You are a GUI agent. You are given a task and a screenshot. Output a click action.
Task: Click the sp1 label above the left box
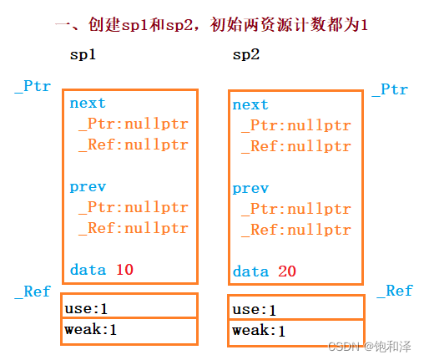[83, 55]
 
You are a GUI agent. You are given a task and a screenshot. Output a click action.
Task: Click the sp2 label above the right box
[246, 55]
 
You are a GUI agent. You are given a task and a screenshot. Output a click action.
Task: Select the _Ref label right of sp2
[394, 291]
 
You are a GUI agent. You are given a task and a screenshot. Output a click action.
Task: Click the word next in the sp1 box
[88, 104]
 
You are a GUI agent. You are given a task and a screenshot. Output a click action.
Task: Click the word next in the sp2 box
[250, 105]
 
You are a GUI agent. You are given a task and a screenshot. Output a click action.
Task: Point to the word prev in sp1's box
[88, 186]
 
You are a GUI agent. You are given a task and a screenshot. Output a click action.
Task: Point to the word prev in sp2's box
[250, 189]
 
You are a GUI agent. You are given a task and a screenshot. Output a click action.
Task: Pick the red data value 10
[124, 269]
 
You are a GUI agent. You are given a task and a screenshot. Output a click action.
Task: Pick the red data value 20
[287, 271]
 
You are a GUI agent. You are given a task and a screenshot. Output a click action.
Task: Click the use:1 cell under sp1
[130, 307]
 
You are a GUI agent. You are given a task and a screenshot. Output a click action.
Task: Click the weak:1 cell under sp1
[130, 330]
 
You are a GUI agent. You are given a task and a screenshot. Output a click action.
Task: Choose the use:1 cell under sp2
[295, 309]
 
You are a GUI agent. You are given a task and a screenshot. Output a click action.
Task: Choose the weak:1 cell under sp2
[295, 332]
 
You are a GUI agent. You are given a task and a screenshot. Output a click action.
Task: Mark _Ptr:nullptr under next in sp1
[134, 124]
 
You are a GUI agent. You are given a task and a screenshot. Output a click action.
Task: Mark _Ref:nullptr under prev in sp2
[296, 230]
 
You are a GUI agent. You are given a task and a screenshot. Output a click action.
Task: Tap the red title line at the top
[211, 24]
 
